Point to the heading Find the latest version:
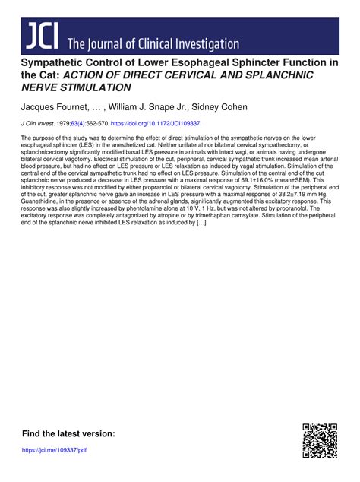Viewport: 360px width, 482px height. click(69, 433)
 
